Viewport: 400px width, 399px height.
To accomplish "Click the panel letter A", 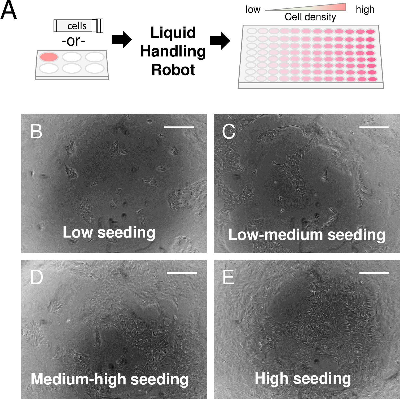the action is [9, 10].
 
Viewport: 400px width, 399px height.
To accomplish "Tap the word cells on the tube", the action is [77, 26].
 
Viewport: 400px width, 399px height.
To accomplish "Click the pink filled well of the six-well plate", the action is [49, 57].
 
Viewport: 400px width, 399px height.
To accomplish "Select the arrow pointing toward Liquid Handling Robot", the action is [121, 40].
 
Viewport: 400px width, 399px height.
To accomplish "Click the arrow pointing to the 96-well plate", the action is [220, 41].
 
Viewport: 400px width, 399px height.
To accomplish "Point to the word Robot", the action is [173, 70].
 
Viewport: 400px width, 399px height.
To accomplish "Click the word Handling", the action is [173, 51].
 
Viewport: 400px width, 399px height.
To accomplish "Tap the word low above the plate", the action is [253, 10].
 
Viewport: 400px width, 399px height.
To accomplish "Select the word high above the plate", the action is [365, 10].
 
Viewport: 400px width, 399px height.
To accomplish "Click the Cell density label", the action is [310, 17].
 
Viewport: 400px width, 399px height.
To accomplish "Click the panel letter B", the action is [36, 131].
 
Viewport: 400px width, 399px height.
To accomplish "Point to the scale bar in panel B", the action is [179, 127].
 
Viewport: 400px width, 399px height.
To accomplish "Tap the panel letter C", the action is [228, 131].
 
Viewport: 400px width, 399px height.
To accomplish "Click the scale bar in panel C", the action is [374, 127].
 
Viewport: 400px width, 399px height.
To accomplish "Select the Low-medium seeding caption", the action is [307, 235].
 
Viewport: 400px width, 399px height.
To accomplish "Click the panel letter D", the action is [37, 277].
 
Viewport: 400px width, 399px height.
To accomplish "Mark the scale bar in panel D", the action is [182, 273].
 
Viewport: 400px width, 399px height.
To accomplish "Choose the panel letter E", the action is [228, 277].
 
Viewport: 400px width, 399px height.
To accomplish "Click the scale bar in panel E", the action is [374, 273].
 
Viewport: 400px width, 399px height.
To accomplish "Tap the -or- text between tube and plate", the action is [73, 41].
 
